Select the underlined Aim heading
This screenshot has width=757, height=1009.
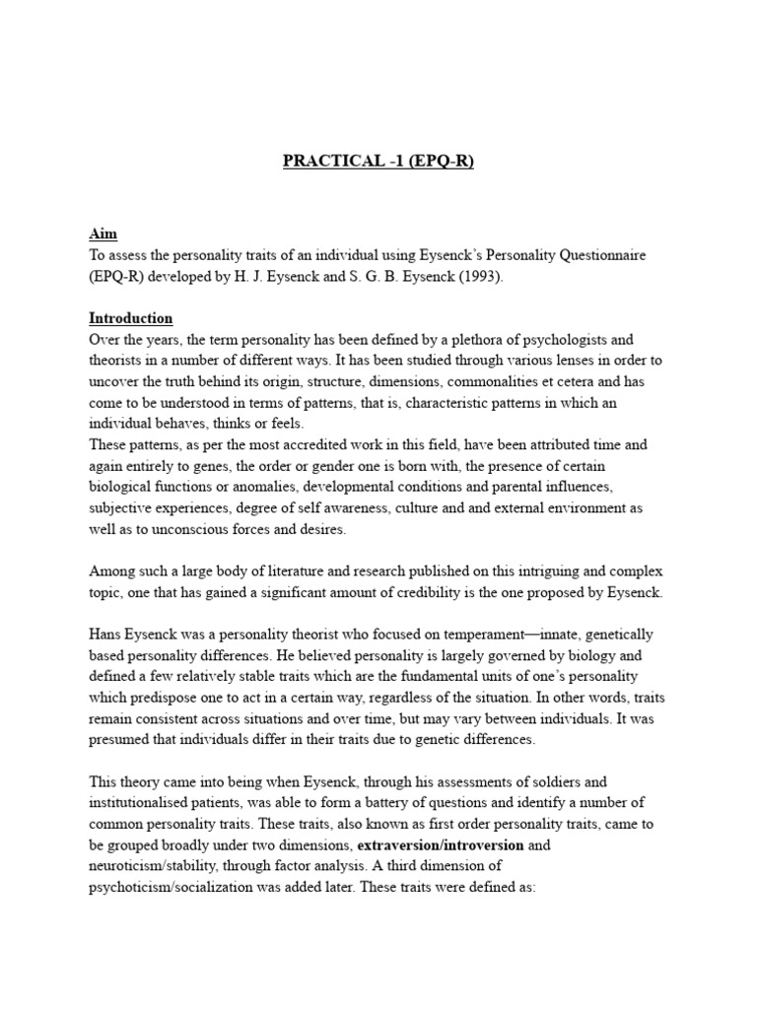pos(103,234)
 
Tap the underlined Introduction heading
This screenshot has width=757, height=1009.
pos(131,318)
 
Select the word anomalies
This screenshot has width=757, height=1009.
pos(265,487)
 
